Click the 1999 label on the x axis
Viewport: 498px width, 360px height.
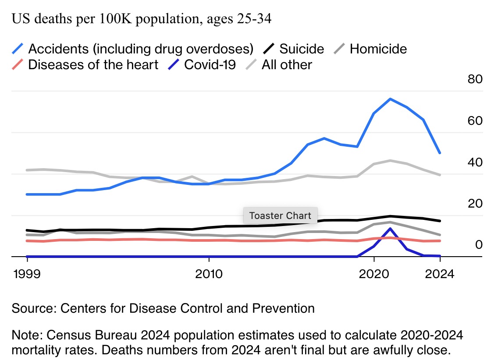(x=27, y=275)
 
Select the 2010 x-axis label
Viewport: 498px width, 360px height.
(x=209, y=275)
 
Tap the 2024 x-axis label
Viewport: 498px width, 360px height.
(x=440, y=275)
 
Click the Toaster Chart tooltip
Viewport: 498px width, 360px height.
(x=280, y=215)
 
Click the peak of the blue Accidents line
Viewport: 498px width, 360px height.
(x=390, y=99)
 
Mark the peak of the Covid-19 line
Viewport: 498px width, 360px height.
(x=390, y=229)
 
